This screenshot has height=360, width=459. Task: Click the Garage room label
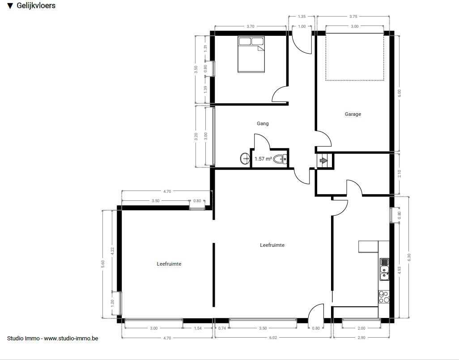coord(353,114)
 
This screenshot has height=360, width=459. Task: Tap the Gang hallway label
coord(263,123)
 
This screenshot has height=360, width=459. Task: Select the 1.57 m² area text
coord(263,159)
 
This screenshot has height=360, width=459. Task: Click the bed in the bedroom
coord(251,55)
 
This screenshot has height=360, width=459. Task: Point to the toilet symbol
coord(280,160)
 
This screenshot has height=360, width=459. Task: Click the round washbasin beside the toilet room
coord(245,159)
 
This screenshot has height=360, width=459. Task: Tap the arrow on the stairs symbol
coord(323,161)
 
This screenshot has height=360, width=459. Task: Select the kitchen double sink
coord(384,269)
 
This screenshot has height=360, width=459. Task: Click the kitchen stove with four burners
coord(384,296)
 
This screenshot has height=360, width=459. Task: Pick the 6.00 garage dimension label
coord(399,93)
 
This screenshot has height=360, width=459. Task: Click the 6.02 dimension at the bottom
coord(273,338)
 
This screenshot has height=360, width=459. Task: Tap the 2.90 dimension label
coord(361,338)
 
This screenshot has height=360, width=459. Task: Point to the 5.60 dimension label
coord(102,264)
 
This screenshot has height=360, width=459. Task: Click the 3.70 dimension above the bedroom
coord(250,26)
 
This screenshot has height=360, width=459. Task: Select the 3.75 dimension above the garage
coord(353,17)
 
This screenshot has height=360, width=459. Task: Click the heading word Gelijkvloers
coord(36,5)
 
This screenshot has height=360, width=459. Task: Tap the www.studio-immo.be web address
coord(71,339)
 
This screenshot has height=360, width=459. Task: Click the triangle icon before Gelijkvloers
coord(10,6)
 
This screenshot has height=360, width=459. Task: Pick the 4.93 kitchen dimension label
coord(399,270)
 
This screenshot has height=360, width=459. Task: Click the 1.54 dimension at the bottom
coord(198,328)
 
